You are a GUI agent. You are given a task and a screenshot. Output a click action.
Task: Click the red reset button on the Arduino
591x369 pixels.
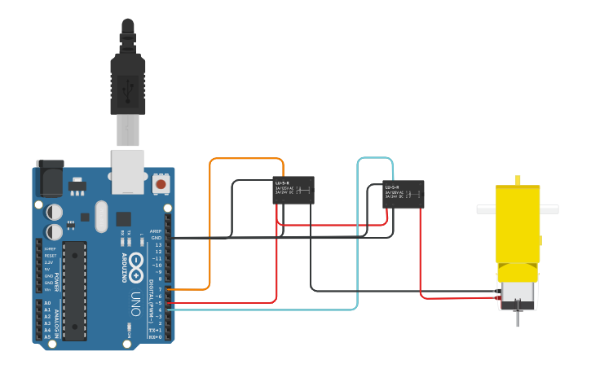pos(161,184)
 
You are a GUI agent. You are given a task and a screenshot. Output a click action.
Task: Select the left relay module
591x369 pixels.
pos(293,191)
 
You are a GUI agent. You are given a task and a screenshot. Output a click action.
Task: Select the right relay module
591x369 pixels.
pos(404,195)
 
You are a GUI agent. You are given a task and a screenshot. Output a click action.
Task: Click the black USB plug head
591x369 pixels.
pos(128,81)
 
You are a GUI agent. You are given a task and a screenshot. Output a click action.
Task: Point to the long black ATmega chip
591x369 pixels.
pos(74,289)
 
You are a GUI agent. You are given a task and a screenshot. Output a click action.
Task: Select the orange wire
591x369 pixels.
pos(211,220)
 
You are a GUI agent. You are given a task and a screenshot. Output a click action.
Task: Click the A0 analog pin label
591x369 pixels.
pos(46,303)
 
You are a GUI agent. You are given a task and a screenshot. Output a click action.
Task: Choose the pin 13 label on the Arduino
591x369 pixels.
pos(158,244)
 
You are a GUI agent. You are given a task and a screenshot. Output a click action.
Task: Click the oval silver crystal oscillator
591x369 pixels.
pos(100,217)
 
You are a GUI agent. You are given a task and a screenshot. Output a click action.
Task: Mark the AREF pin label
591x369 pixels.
pos(157,231)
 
